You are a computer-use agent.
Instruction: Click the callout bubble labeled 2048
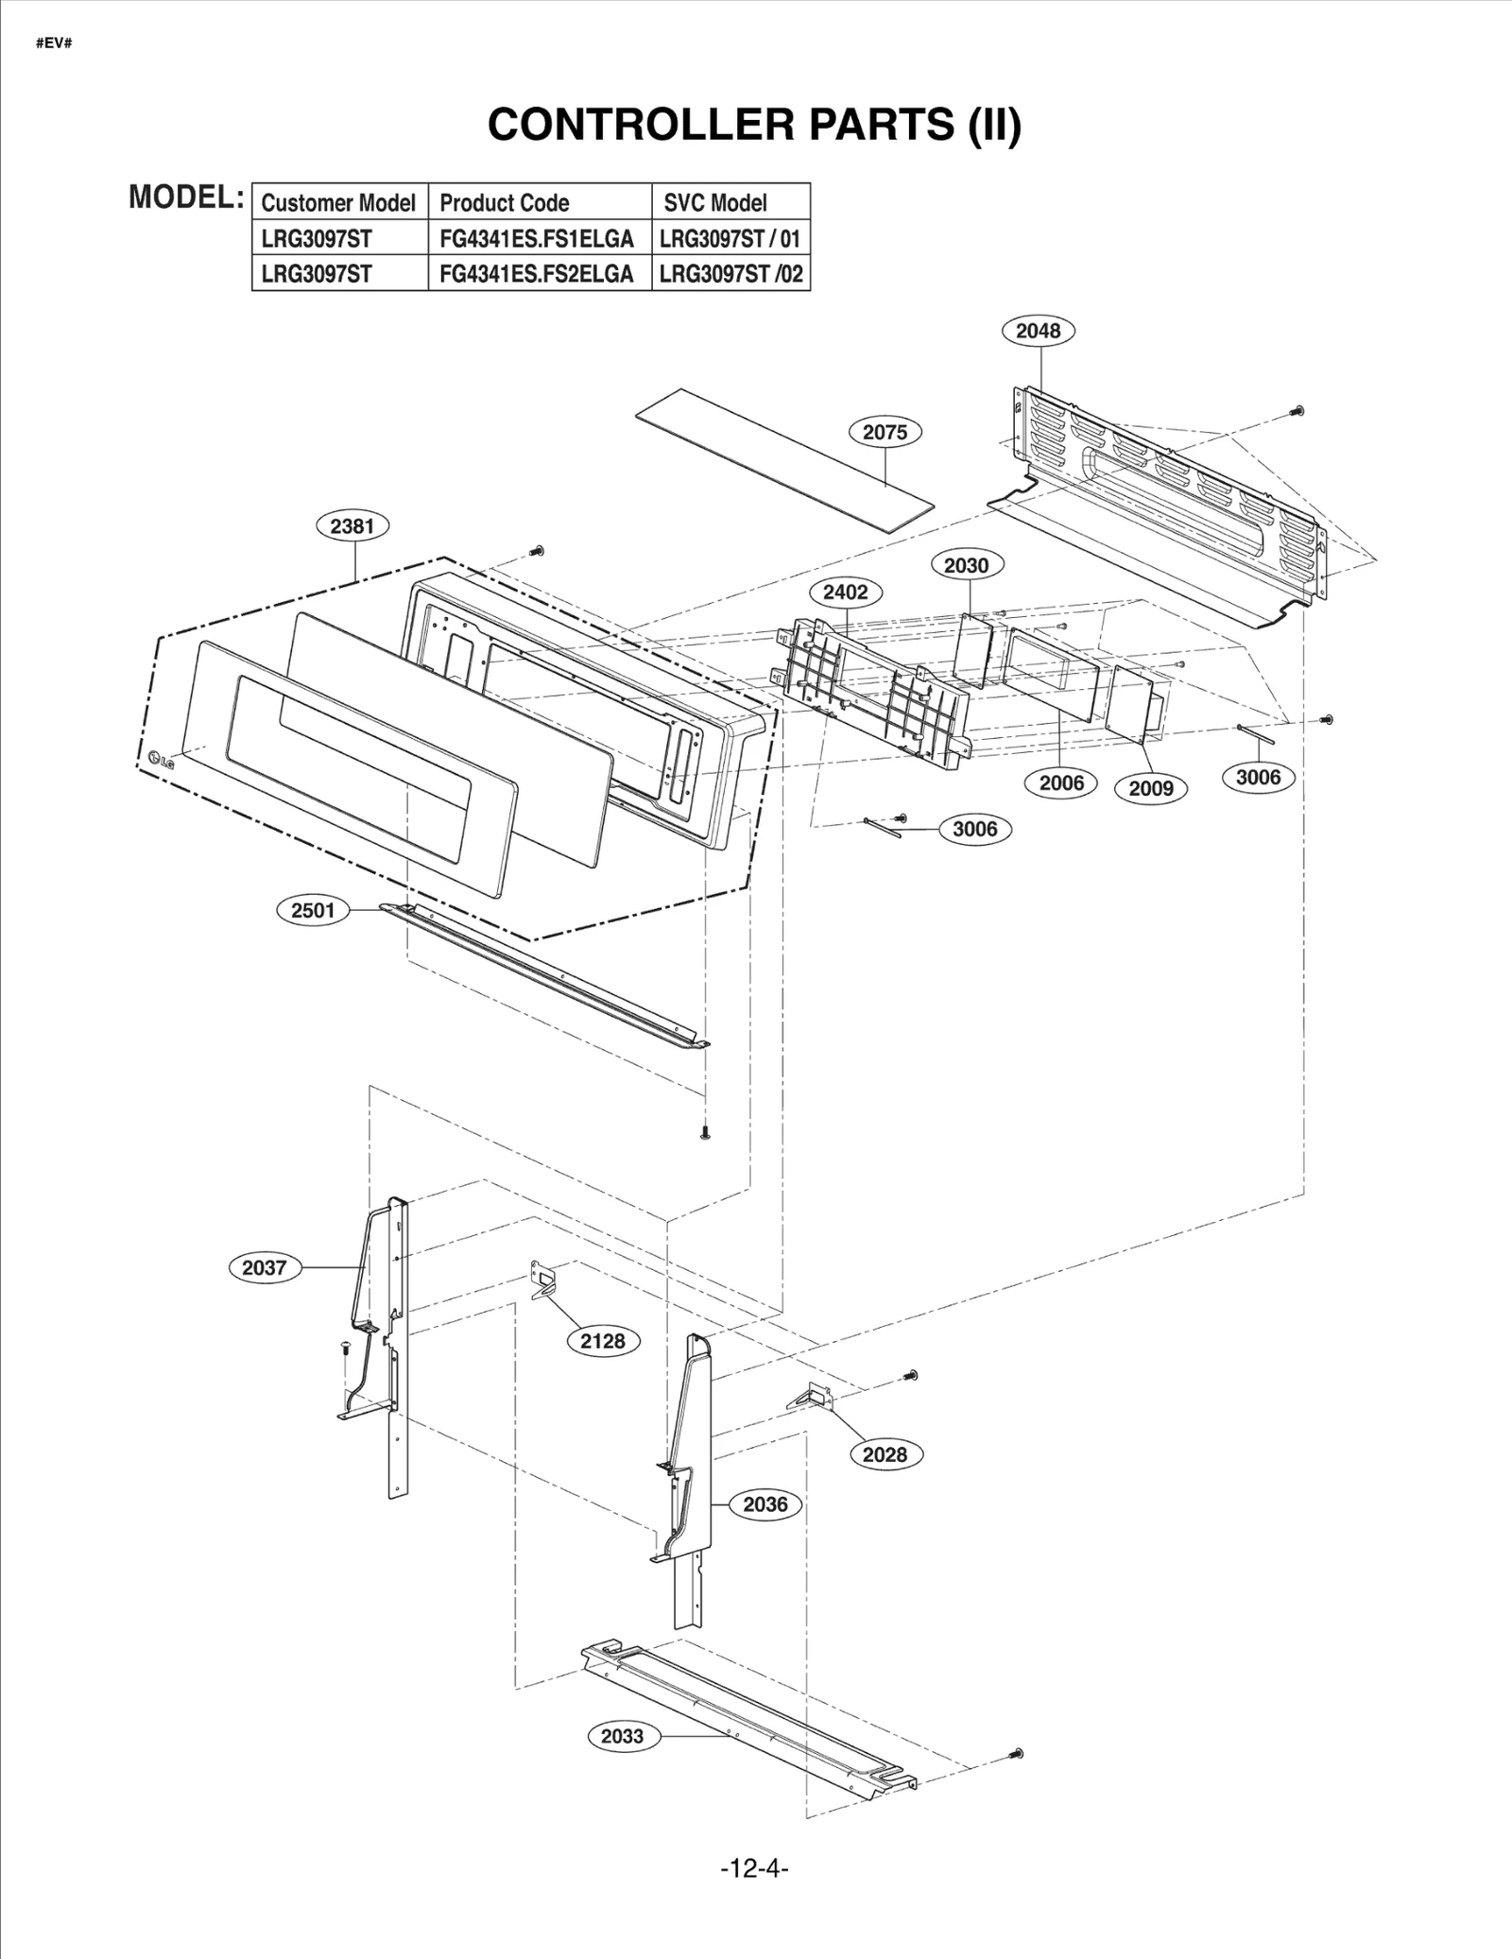(1038, 331)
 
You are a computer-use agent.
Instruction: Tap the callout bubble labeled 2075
(885, 432)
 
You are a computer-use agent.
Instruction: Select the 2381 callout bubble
(352, 526)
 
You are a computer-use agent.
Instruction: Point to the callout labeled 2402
(845, 593)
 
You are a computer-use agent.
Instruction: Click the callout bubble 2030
(966, 565)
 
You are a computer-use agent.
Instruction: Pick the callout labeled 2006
(1061, 782)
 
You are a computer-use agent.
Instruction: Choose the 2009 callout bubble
(1150, 788)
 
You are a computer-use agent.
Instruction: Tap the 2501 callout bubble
(313, 910)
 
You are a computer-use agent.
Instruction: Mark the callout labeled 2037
(264, 1267)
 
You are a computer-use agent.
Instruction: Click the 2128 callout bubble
(603, 1341)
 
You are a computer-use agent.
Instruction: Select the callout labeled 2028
(885, 1454)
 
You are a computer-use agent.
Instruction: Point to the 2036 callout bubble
(765, 1504)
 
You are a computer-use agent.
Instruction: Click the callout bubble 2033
(622, 1736)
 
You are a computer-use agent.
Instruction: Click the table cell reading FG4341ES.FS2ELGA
(537, 274)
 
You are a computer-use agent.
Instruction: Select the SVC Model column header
(715, 202)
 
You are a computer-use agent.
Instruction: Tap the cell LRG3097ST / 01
(730, 238)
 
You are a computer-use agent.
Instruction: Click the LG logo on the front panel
(161, 759)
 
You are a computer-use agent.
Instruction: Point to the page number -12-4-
(754, 1867)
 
